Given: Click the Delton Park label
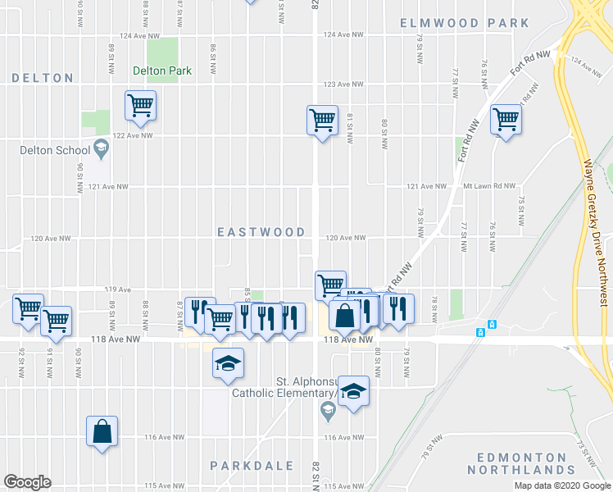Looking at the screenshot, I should (x=162, y=71).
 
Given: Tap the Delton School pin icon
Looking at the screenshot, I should (x=102, y=149).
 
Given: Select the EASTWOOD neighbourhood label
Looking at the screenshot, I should (x=261, y=233).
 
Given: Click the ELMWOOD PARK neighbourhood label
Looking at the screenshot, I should (x=465, y=23).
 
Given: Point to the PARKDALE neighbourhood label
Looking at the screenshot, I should (x=252, y=466).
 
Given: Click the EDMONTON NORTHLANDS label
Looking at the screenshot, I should (x=516, y=463).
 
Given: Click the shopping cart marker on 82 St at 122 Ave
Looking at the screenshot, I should (x=323, y=121).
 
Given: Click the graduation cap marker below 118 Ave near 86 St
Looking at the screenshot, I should (x=228, y=362).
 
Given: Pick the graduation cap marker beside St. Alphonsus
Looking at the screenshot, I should (x=353, y=392).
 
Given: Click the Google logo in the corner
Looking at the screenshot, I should (x=27, y=482).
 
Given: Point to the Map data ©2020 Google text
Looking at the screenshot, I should (x=562, y=485).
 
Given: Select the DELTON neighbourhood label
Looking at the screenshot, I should (x=43, y=78).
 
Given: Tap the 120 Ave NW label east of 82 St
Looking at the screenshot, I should (x=345, y=238).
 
